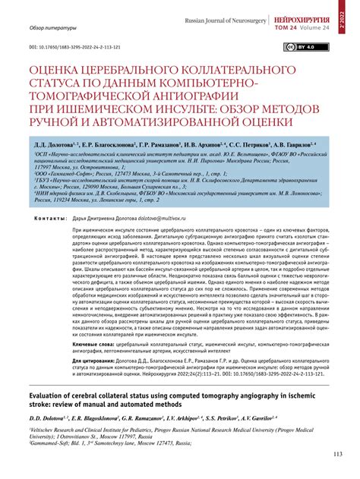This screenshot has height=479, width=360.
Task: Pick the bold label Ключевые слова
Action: pos(94,344)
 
